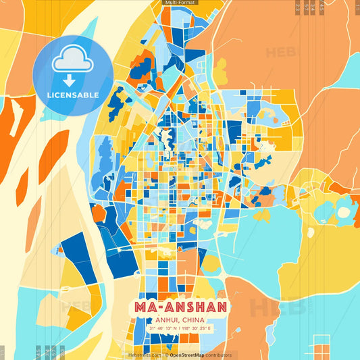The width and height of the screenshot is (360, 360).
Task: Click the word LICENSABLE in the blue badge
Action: click(x=72, y=95)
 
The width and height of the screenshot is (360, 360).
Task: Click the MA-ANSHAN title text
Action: click(x=180, y=307)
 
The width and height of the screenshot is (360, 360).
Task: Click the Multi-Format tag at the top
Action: click(x=180, y=3)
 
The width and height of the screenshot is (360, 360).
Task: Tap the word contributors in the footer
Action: click(x=220, y=355)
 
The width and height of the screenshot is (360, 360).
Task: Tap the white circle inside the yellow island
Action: click(x=344, y=212)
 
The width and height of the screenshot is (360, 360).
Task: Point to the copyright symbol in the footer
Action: click(x=166, y=355)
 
